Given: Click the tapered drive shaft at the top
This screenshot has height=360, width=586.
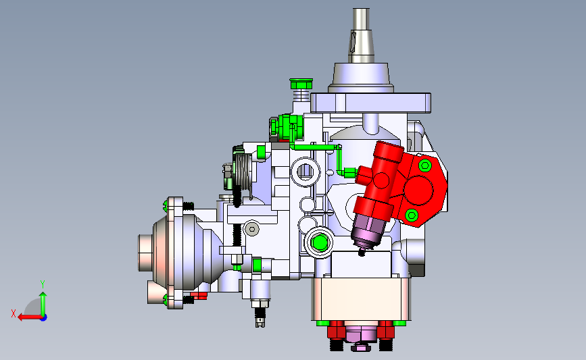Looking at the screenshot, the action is (361, 36).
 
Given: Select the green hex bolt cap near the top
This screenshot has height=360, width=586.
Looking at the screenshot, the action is (301, 84).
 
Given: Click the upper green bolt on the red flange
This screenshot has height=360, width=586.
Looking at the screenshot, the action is (425, 165).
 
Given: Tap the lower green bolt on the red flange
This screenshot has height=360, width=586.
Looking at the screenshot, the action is (412, 215).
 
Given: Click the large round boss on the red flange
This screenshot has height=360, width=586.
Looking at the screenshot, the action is (418, 190).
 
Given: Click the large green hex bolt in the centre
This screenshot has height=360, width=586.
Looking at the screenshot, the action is (320, 242).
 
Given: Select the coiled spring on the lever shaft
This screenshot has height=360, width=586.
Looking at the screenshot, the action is (243, 172).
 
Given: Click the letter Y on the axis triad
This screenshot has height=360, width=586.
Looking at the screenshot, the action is (43, 284).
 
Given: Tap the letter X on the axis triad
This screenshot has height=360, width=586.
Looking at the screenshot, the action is (14, 313).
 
